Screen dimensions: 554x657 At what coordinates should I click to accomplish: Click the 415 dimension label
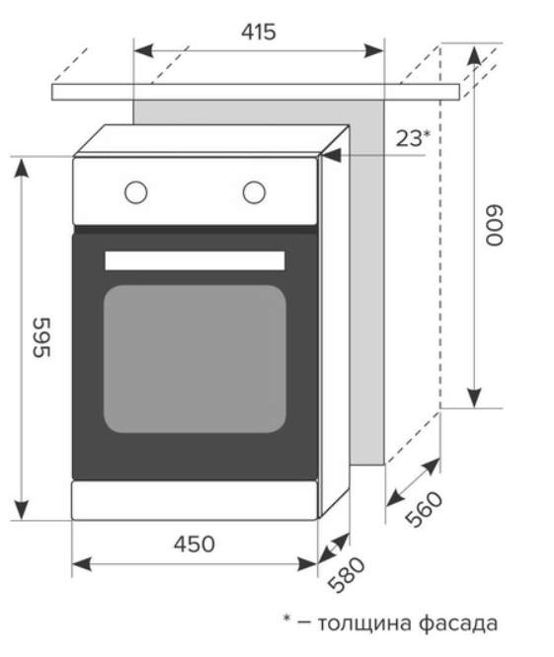coord(259,32)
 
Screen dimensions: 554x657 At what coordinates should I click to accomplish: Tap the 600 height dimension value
coord(494,225)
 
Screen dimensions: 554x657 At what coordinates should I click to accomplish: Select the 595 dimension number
coord(41,337)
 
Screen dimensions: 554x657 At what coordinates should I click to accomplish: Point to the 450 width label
coord(195,545)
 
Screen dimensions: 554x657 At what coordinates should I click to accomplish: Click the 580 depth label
coord(347,574)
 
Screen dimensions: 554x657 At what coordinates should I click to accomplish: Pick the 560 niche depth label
coord(424,508)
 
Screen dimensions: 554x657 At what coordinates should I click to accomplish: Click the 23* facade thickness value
coord(413,138)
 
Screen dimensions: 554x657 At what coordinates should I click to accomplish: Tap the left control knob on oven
coord(136,192)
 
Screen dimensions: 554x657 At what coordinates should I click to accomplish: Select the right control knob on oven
coord(254,192)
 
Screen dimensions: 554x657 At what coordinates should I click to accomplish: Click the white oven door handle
coord(195,260)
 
